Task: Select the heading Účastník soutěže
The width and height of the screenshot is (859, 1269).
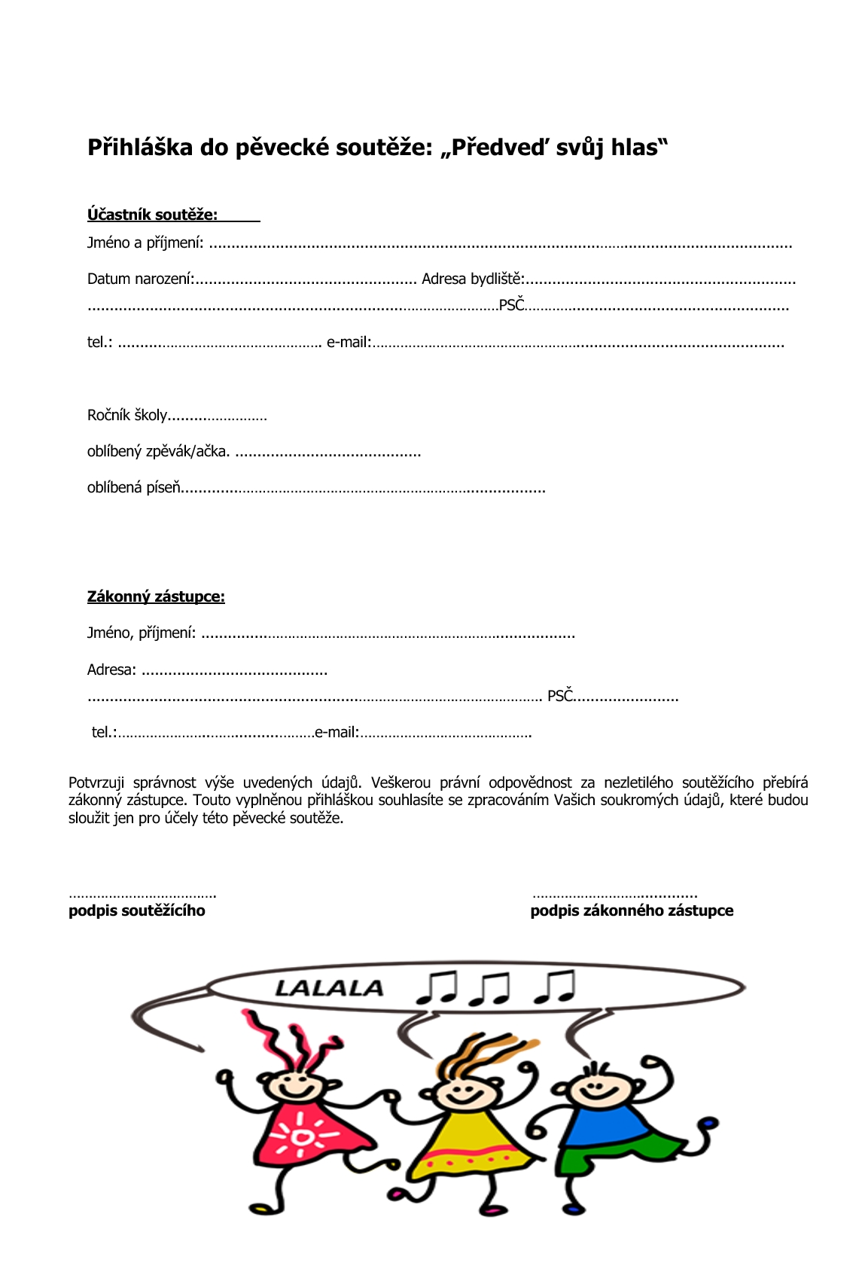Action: coord(152,215)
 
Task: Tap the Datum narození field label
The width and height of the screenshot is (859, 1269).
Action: coord(140,279)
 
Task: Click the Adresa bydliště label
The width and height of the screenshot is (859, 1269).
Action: coord(472,279)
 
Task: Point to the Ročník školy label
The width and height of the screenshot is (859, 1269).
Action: coord(126,416)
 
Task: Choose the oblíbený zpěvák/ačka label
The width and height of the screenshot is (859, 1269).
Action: coord(158,452)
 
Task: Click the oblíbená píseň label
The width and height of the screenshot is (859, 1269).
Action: coord(134,488)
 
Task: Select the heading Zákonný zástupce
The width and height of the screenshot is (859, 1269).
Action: coord(156,596)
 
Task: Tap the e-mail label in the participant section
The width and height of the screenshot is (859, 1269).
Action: coord(349,343)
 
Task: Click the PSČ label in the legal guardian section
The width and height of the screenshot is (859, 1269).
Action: coord(560,696)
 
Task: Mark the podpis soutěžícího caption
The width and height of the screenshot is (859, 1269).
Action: coord(136,911)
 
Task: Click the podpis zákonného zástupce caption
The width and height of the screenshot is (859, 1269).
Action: coord(632,911)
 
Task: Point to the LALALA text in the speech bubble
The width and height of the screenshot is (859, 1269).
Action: coord(329,988)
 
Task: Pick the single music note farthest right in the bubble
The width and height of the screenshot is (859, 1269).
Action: coord(555,987)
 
